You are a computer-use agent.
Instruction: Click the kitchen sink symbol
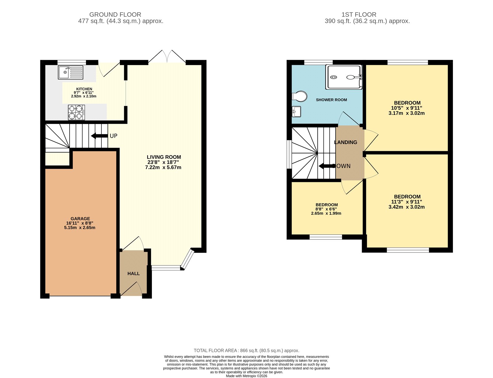[x=71, y=73]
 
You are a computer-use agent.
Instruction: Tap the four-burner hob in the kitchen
[x=76, y=113]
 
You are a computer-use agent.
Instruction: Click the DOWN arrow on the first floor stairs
[x=327, y=166]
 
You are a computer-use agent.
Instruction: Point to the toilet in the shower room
[x=299, y=96]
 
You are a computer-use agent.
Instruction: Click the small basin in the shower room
[x=296, y=111]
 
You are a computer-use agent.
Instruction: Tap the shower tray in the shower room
[x=344, y=77]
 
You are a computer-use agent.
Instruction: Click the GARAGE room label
[x=80, y=218]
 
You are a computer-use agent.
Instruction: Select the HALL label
[x=133, y=273]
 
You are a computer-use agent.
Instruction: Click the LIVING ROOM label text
[x=164, y=157]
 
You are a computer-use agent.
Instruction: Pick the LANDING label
[x=346, y=142]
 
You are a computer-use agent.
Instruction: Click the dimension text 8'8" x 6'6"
[x=326, y=209]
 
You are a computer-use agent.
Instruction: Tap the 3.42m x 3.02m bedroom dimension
[x=406, y=207]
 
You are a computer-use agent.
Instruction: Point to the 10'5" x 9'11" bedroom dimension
[x=406, y=108]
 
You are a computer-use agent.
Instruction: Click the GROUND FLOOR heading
[x=115, y=15]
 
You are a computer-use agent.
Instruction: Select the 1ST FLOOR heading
[x=359, y=15]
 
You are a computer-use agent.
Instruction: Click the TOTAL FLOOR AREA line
[x=246, y=351]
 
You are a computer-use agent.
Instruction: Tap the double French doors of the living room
[x=167, y=57]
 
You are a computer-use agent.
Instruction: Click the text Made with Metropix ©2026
[x=246, y=376]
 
